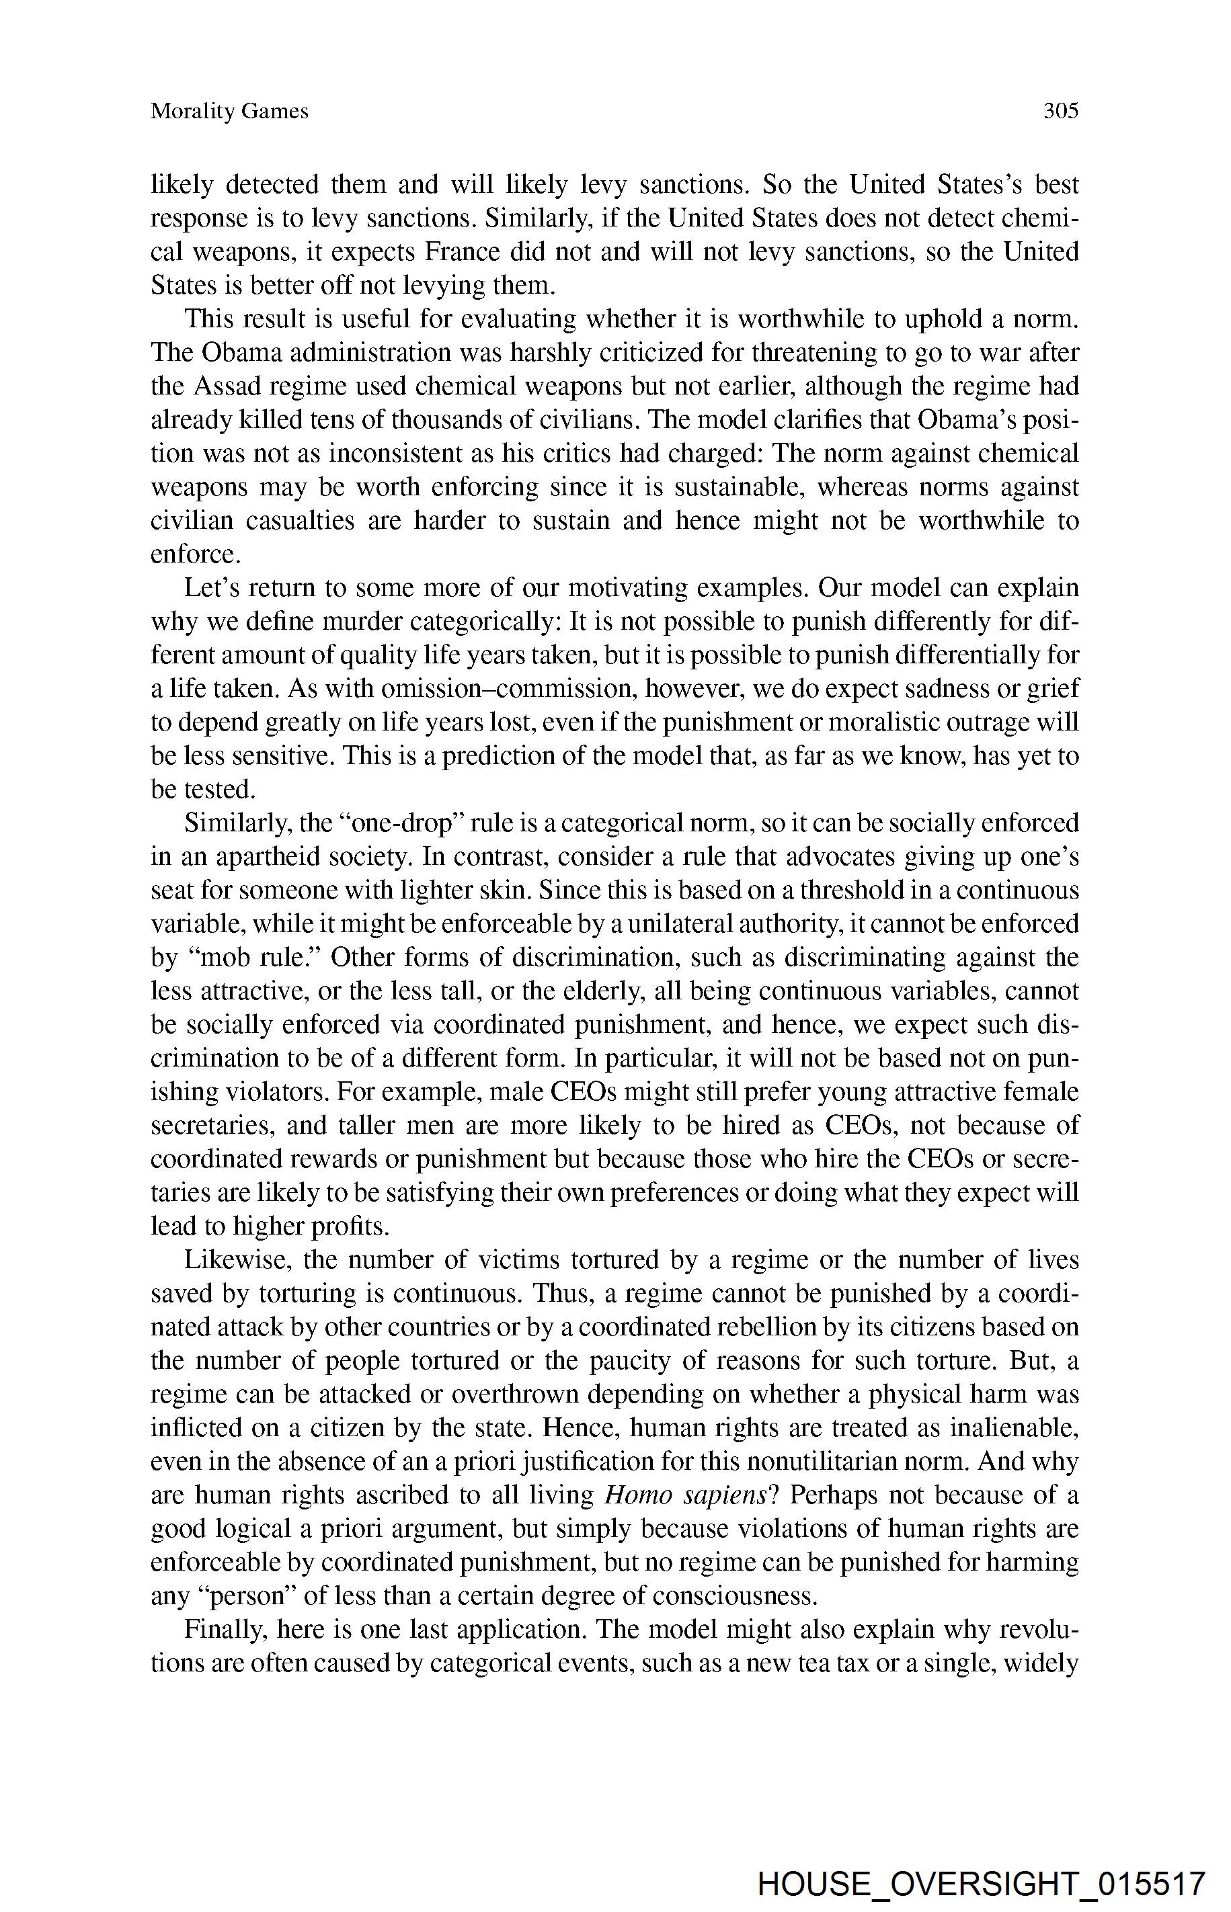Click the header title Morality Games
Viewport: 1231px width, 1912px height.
229,111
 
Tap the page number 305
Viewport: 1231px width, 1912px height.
1061,111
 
